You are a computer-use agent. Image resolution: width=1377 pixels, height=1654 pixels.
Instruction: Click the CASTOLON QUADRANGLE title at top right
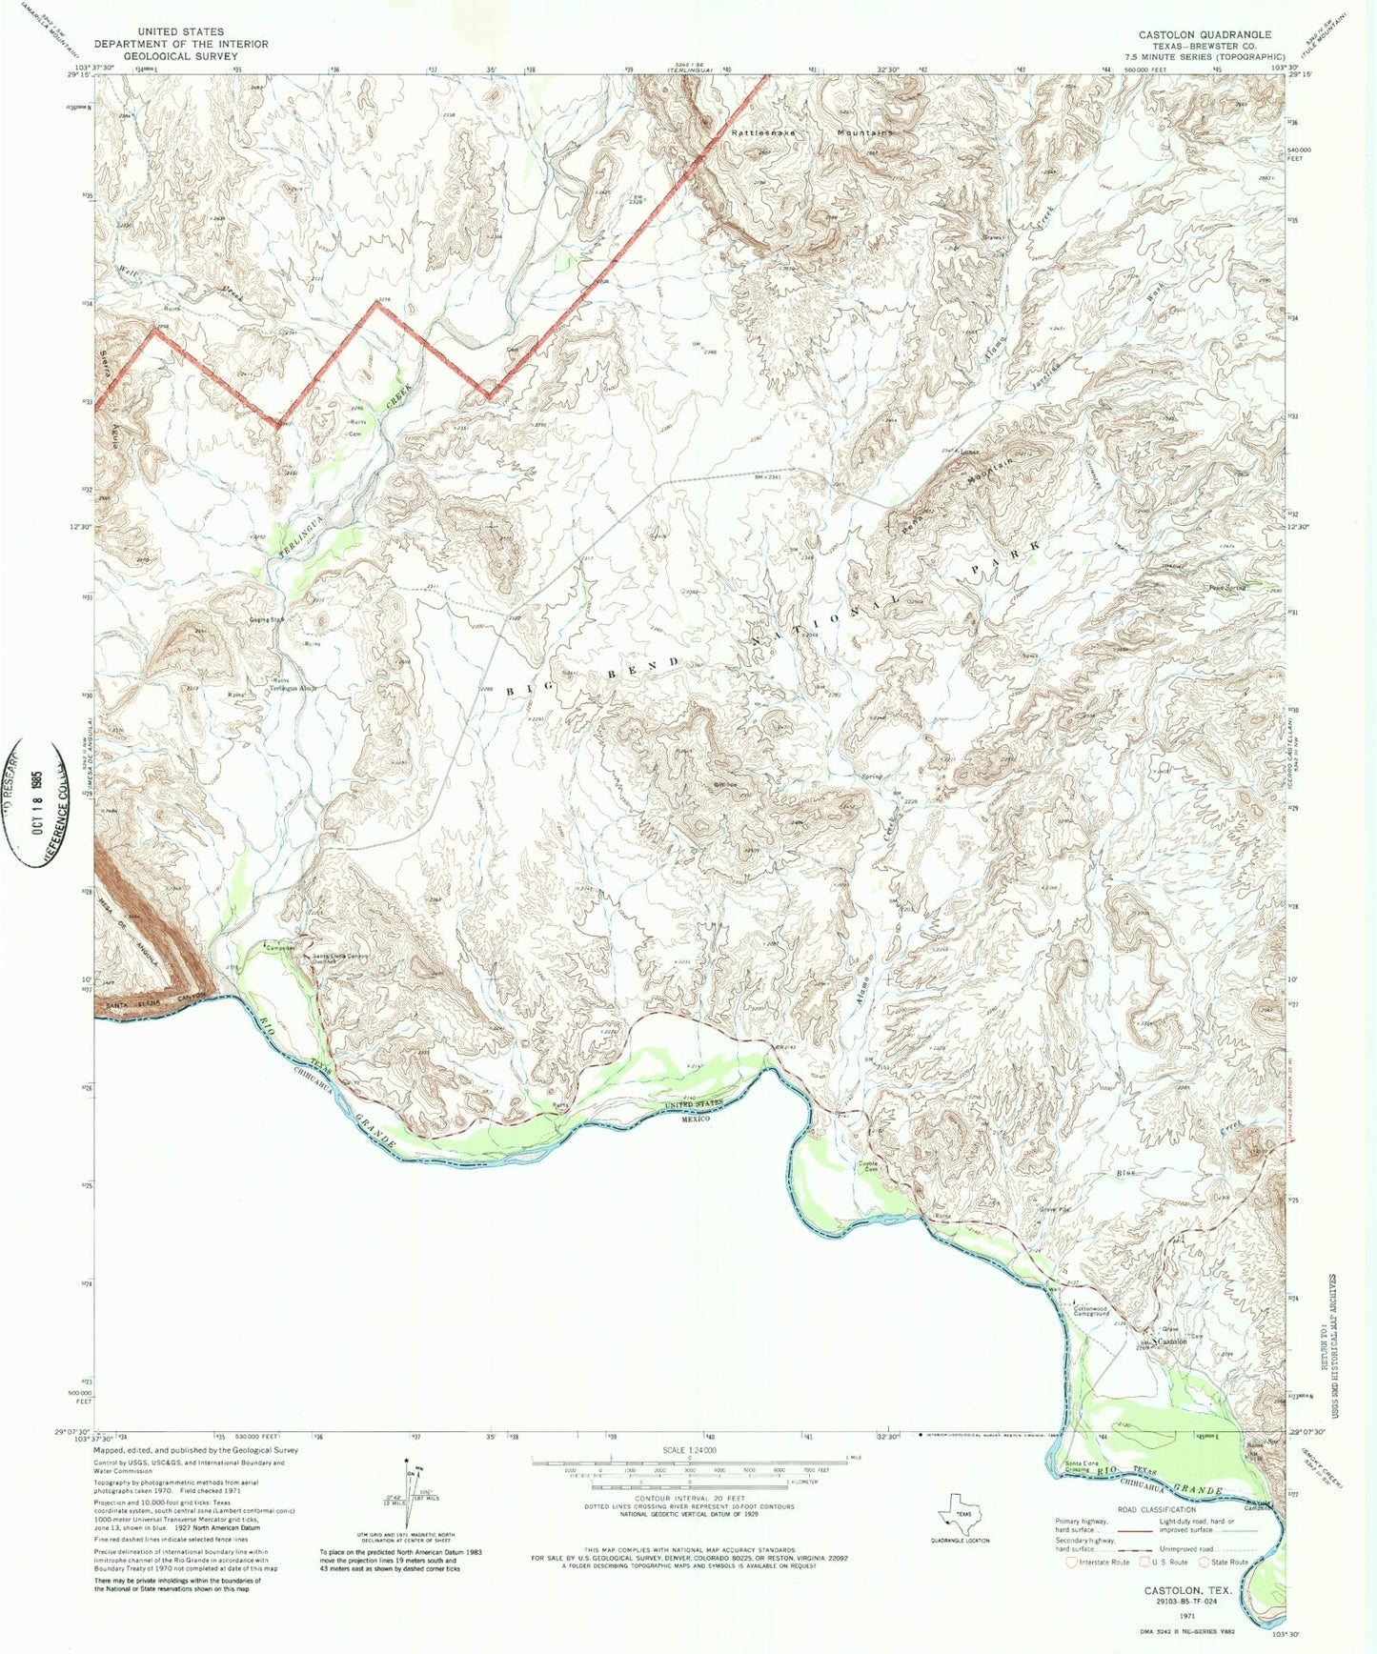tap(1205, 34)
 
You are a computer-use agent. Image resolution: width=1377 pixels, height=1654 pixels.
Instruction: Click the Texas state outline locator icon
tap(960, 1519)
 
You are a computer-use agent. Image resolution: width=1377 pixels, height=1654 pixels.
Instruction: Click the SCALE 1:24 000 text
tap(688, 1450)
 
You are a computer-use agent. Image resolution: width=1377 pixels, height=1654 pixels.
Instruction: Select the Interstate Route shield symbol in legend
tap(1072, 1562)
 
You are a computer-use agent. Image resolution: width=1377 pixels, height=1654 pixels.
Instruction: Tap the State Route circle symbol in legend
tap(1205, 1562)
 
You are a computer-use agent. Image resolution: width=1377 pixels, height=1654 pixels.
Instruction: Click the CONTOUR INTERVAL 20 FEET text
tap(688, 1498)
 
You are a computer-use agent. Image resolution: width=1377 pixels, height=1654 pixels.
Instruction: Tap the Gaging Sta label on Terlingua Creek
tap(266, 619)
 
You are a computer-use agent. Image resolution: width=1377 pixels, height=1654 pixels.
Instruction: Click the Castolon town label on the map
tap(1172, 1341)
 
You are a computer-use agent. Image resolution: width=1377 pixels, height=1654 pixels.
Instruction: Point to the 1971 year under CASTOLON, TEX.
tap(1186, 1616)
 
